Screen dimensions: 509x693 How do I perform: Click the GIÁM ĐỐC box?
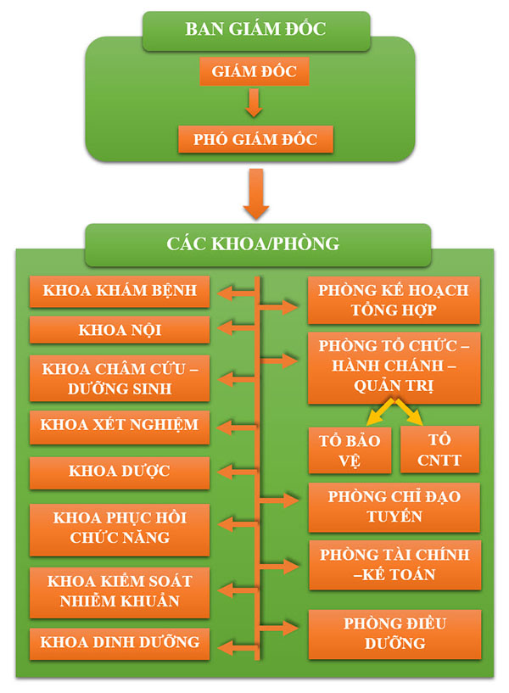click(x=254, y=71)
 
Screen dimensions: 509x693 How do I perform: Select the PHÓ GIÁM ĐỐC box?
click(x=255, y=139)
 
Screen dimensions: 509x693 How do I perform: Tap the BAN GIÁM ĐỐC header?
click(x=256, y=30)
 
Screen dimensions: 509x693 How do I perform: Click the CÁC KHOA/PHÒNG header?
click(x=258, y=244)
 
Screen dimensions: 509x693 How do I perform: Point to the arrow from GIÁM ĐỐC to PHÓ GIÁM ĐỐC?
click(x=254, y=103)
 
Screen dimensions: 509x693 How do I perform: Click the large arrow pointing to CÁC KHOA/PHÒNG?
click(x=256, y=194)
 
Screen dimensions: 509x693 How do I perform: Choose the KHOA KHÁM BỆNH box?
click(x=120, y=291)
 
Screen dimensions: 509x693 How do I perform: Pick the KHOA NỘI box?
click(x=120, y=330)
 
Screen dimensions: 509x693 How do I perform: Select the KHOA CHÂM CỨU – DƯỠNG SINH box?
click(x=120, y=378)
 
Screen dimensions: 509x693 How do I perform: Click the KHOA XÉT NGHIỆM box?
click(x=120, y=427)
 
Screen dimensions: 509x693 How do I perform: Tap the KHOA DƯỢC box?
click(x=120, y=473)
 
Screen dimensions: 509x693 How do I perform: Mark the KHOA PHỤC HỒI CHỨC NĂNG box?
click(x=120, y=530)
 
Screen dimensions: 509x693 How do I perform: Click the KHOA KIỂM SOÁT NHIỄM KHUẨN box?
click(x=120, y=593)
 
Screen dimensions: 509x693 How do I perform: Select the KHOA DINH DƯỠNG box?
click(x=120, y=644)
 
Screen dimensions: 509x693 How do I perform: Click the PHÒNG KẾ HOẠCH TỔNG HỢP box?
click(x=394, y=300)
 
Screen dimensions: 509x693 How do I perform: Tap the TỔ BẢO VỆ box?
click(x=350, y=450)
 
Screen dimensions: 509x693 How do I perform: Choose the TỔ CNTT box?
click(x=439, y=450)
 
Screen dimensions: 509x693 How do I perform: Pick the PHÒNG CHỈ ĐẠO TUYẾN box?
click(x=394, y=507)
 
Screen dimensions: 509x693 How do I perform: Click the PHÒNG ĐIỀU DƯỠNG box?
click(x=394, y=634)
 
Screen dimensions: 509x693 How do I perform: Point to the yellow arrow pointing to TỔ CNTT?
click(x=409, y=412)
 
